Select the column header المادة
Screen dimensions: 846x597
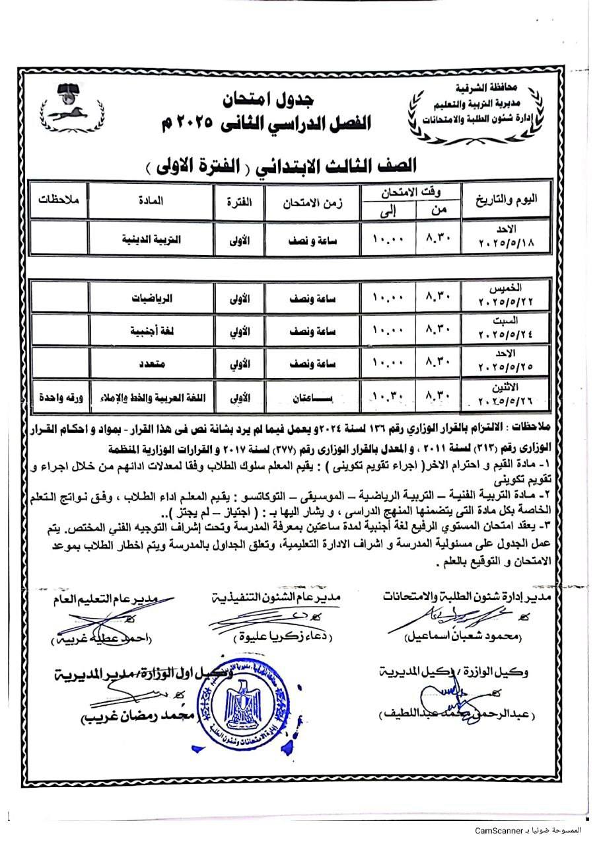click(151, 199)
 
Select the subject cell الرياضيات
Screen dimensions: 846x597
click(151, 297)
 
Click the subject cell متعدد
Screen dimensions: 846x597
click(151, 364)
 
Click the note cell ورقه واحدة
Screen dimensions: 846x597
click(58, 398)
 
